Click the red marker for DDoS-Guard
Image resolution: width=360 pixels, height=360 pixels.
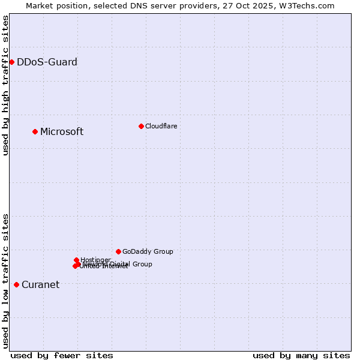11,62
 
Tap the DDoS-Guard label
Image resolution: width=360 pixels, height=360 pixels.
47,62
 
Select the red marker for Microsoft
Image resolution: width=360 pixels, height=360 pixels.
35,131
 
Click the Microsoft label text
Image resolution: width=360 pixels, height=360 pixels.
62,132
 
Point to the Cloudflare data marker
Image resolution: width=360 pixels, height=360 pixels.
141,126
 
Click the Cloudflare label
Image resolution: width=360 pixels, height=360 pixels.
161,126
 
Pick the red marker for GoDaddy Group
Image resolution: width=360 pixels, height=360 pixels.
118,251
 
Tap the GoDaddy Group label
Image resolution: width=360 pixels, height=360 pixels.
148,252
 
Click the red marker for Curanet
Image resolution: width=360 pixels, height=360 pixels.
16,284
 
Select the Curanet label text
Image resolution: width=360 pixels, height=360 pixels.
40,285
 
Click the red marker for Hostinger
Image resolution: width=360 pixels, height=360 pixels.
77,260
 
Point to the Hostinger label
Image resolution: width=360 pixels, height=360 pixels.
96,260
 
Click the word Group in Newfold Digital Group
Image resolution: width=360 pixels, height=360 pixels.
143,264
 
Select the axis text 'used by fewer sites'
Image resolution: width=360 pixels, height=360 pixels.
62,355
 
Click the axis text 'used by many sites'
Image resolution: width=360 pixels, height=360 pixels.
301,355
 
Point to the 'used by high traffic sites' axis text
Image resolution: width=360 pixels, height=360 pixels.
5,85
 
